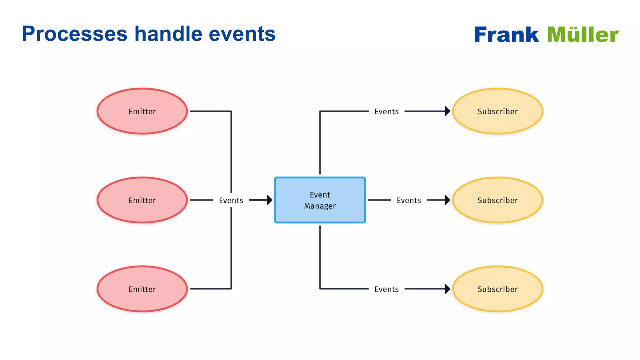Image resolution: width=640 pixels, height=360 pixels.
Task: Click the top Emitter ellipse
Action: [x=142, y=111]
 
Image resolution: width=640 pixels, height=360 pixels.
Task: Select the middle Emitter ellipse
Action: [x=142, y=200]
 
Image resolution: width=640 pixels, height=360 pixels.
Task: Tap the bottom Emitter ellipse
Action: [x=142, y=289]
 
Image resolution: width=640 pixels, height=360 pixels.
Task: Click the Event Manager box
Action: [x=320, y=200]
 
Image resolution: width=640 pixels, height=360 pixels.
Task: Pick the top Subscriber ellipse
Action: [x=497, y=111]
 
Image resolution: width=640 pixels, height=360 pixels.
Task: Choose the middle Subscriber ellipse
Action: [x=497, y=200]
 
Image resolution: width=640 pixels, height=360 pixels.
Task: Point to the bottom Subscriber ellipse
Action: [x=497, y=289]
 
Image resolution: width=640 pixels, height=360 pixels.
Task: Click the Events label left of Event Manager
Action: [x=231, y=200]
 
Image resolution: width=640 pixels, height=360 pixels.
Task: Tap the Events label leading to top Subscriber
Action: [x=387, y=112]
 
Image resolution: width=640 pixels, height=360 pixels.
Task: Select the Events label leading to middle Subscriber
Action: [x=409, y=200]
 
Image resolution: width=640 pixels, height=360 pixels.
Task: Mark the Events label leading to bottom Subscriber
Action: [x=387, y=289]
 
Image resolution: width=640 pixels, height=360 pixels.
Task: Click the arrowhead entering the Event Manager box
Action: [x=270, y=200]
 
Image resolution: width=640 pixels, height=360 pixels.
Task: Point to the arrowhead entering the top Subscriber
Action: [x=447, y=111]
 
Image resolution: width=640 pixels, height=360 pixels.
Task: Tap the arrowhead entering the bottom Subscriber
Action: [x=447, y=289]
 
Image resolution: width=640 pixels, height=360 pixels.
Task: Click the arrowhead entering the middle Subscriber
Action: [x=447, y=200]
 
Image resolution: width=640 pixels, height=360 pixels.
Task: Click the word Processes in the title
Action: [x=75, y=34]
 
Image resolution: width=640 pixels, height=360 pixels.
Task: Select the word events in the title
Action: [x=242, y=34]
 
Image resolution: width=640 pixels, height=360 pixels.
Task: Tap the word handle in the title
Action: [x=168, y=34]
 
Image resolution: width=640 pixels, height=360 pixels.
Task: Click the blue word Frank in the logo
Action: [x=506, y=34]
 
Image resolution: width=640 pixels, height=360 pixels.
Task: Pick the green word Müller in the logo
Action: [x=583, y=34]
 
